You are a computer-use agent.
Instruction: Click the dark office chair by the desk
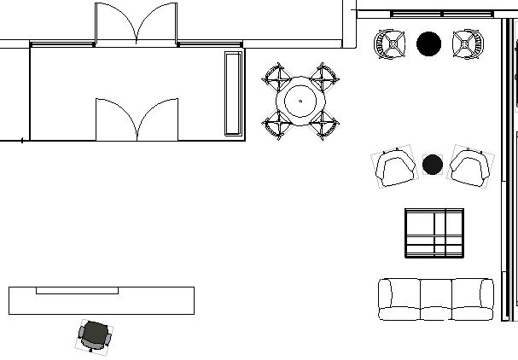click(95, 335)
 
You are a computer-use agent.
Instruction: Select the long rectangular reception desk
click(101, 300)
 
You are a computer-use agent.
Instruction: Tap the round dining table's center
click(300, 101)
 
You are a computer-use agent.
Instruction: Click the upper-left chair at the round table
click(277, 78)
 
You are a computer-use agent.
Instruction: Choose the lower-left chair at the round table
click(277, 125)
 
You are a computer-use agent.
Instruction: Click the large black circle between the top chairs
click(428, 44)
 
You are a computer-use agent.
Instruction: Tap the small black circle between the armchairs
click(433, 164)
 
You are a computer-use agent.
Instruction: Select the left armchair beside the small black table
click(394, 167)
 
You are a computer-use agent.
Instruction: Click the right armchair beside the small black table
click(471, 166)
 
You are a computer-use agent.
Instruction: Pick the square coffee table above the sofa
click(434, 232)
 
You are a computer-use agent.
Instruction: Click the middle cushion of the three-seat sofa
click(435, 299)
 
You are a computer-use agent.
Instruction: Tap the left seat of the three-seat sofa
click(399, 299)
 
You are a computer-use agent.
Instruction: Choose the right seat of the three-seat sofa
click(472, 299)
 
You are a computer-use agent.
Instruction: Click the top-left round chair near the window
click(390, 44)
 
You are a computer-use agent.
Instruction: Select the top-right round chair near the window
click(467, 44)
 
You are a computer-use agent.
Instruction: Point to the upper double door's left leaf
click(115, 24)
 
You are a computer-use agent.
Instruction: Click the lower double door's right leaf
click(158, 119)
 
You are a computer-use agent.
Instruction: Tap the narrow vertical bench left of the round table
click(232, 92)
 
